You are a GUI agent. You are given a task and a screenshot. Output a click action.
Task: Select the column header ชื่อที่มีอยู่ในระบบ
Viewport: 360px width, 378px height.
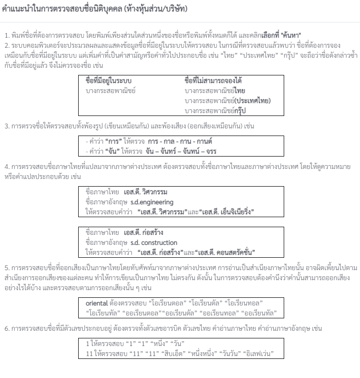pos(108,80)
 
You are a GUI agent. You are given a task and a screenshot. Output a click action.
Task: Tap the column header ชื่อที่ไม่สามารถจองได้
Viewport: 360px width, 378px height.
pos(214,80)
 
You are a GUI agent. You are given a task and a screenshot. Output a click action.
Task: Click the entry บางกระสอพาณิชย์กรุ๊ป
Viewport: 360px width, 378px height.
pos(215,110)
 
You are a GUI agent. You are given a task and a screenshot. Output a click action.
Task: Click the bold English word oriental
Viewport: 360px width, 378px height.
pos(97,304)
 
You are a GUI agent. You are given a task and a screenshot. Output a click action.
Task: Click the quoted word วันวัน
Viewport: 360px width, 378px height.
pos(232,354)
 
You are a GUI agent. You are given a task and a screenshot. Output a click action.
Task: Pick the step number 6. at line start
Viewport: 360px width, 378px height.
pos(7,328)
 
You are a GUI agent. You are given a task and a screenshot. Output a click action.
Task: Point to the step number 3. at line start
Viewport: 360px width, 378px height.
pos(7,126)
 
